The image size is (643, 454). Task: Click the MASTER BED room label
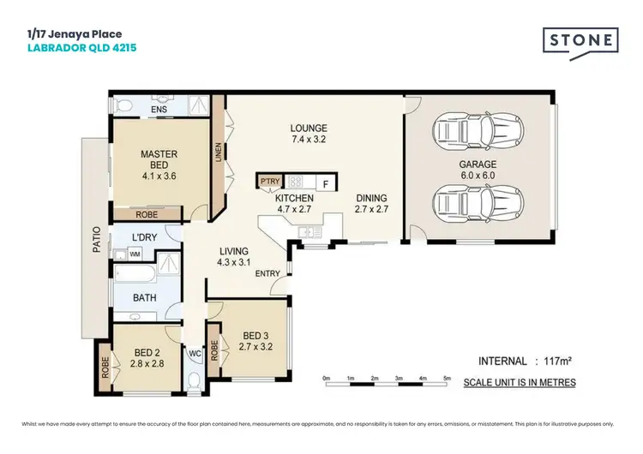tap(159, 160)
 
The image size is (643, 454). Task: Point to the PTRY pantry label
tap(270, 182)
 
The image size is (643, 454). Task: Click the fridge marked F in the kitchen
tap(326, 182)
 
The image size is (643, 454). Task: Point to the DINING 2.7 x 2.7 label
tap(372, 202)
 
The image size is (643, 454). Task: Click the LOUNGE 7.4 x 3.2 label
tap(309, 133)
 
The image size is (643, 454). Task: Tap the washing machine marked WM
tap(135, 254)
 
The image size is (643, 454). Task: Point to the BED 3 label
tap(255, 341)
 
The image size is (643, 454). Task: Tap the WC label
tap(194, 352)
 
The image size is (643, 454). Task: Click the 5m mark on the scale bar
tap(447, 377)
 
